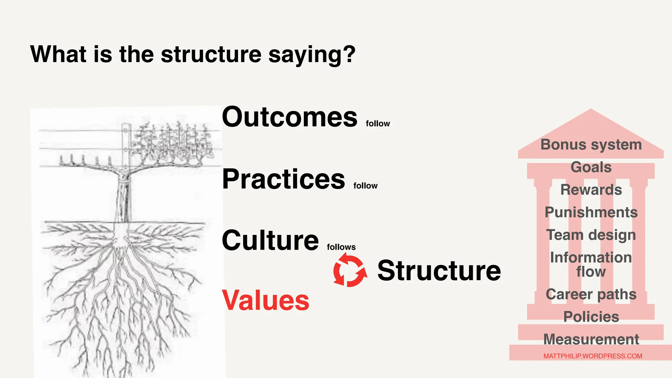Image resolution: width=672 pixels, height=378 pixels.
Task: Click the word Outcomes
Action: click(289, 117)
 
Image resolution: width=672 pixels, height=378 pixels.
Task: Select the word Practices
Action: click(283, 179)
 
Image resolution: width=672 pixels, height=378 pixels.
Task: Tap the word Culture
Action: click(270, 240)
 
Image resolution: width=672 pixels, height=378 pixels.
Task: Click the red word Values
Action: click(265, 300)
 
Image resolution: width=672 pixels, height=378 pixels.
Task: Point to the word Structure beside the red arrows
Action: click(439, 271)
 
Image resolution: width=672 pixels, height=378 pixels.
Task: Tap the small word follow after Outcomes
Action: click(378, 124)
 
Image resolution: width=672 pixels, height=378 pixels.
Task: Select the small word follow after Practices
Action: click(365, 186)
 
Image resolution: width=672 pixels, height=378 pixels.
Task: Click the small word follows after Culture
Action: click(341, 247)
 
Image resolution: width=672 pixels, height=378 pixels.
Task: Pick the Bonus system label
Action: click(591, 145)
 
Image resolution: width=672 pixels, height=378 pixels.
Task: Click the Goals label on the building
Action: click(591, 167)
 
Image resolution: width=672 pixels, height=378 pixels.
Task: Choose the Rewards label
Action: click(591, 190)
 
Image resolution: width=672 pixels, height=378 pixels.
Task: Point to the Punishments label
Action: click(591, 212)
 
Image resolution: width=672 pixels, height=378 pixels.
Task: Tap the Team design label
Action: click(591, 235)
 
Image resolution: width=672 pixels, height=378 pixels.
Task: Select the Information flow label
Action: click(591, 264)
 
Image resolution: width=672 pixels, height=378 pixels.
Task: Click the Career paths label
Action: click(591, 294)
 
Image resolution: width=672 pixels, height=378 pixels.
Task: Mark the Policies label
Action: click(591, 317)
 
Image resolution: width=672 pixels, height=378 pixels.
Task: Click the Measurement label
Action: click(591, 339)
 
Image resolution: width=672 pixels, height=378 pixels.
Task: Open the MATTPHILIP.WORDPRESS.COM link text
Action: click(593, 356)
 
